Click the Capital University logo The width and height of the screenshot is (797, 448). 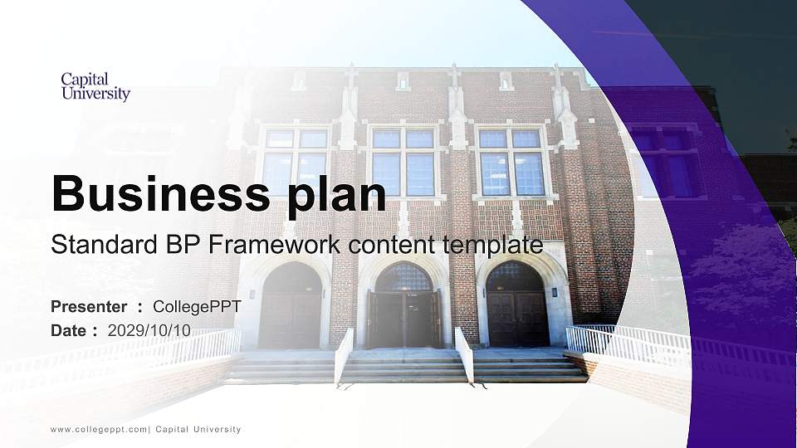[x=95, y=86]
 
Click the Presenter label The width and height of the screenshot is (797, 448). [x=89, y=307]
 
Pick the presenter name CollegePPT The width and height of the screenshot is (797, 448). [x=198, y=307]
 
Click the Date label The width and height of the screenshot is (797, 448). [x=69, y=330]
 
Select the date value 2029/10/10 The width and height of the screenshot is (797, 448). [x=149, y=330]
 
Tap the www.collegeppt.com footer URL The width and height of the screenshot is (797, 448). [x=99, y=430]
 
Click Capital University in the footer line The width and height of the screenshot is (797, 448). [x=198, y=430]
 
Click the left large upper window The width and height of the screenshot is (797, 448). [x=296, y=162]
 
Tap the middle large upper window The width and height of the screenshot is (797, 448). [x=403, y=162]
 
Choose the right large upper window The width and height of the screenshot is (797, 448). [x=511, y=162]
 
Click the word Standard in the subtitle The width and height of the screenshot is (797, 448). [x=95, y=246]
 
